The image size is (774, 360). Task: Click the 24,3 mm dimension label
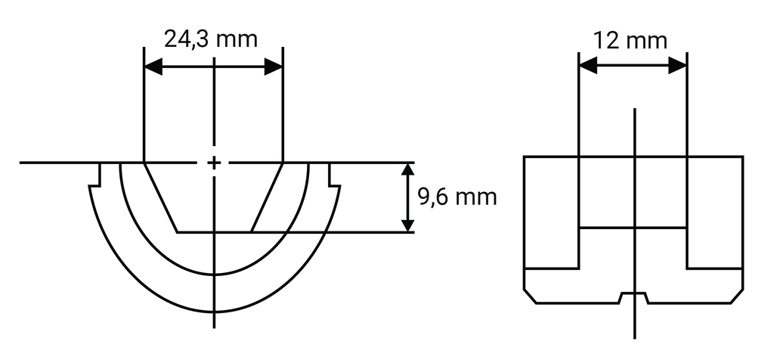point(211,39)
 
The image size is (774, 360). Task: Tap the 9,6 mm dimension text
point(457,198)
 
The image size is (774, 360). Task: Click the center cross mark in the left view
point(215,163)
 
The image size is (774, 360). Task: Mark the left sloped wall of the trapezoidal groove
point(160,197)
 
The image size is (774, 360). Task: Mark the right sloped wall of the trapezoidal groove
point(267,197)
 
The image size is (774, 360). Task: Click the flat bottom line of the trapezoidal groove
point(214,231)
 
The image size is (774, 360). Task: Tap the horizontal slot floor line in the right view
point(633,228)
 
